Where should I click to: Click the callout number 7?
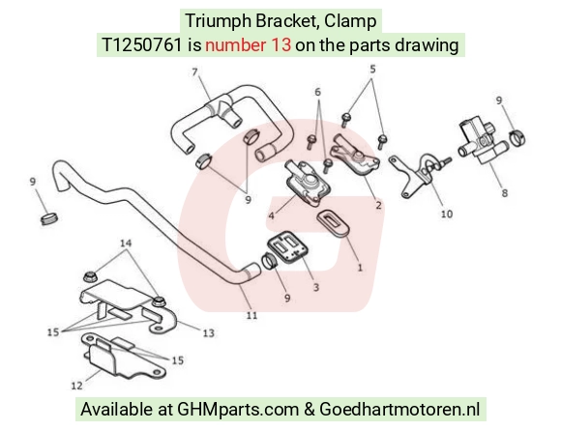[x=194, y=72]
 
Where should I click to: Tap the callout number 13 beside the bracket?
[x=209, y=333]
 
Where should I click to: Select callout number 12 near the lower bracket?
[x=77, y=386]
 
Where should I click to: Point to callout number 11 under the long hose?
[x=251, y=316]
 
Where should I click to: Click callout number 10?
[x=447, y=215]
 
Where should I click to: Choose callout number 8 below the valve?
[x=505, y=193]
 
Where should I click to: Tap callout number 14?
[x=126, y=244]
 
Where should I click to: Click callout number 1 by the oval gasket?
[x=360, y=268]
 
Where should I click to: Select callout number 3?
[x=316, y=287]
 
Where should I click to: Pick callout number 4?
[x=271, y=215]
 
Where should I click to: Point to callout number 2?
[x=378, y=205]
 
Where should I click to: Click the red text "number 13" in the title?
[x=248, y=45]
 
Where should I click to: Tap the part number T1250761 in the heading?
[x=142, y=45]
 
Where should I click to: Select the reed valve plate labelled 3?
[x=287, y=246]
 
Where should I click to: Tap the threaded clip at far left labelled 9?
[x=49, y=218]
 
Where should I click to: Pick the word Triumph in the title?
[x=219, y=21]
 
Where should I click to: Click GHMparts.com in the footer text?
[x=238, y=410]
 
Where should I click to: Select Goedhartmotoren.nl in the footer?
[x=399, y=410]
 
